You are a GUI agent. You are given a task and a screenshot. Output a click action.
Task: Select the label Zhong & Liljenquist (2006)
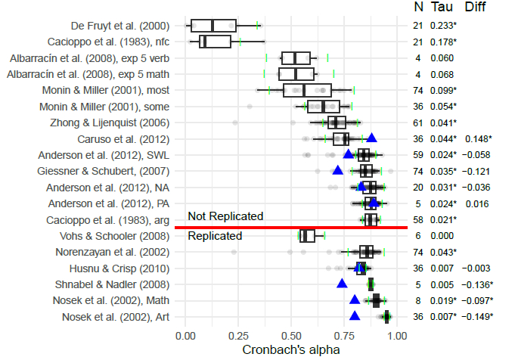105,123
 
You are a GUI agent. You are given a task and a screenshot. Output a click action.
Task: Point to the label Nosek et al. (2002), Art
116,317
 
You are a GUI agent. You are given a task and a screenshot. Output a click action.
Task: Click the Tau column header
442,8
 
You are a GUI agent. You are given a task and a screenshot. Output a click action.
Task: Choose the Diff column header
475,8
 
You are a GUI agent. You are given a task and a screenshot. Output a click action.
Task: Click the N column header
418,8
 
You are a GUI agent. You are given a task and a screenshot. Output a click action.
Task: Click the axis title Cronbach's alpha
291,350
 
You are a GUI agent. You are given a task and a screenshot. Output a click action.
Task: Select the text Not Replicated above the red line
225,216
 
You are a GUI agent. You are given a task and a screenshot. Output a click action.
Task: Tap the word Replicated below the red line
215,236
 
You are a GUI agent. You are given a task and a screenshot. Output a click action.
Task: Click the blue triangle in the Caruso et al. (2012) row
371,138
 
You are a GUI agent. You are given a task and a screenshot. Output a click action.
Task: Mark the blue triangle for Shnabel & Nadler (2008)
342,284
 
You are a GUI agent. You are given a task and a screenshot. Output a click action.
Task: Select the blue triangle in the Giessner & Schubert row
337,170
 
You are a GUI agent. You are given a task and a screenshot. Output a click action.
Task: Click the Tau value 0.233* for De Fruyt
443,25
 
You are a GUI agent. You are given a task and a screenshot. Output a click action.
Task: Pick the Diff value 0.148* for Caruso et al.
477,138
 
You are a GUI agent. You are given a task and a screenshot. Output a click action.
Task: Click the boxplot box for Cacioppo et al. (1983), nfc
216,41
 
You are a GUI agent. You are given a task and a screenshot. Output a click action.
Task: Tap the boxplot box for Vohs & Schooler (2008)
307,236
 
